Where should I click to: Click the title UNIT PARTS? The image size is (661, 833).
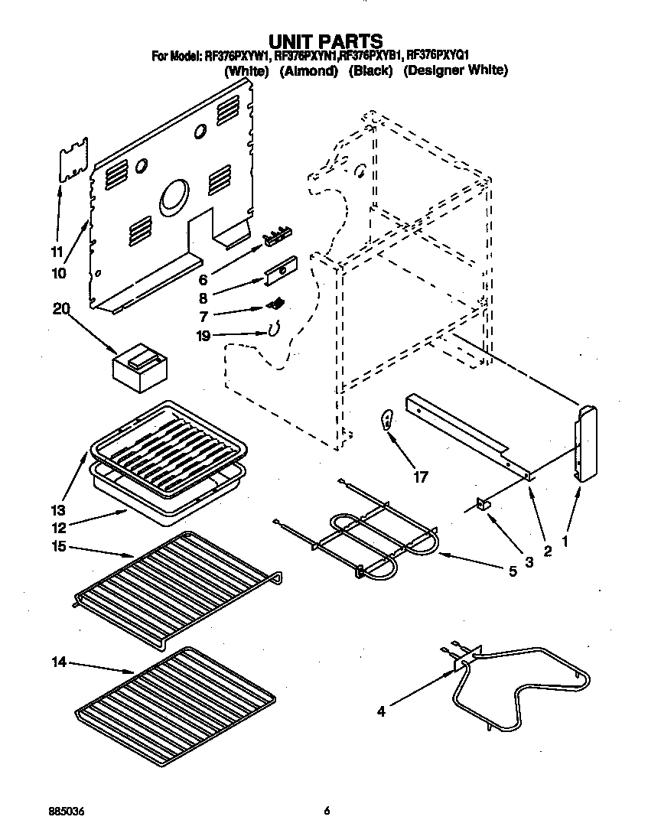pos(325,41)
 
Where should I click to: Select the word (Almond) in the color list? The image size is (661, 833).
pos(308,70)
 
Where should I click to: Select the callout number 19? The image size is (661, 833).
pos(204,335)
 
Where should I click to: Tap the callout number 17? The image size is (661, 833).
pos(420,477)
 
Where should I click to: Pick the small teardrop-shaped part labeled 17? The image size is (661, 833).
pos(388,419)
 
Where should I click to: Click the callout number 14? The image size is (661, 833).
pos(58,662)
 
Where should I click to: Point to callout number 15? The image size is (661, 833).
pos(60,547)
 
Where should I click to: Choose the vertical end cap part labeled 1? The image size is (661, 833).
pos(587,444)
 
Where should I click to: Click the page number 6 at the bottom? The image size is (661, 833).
pos(327,811)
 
